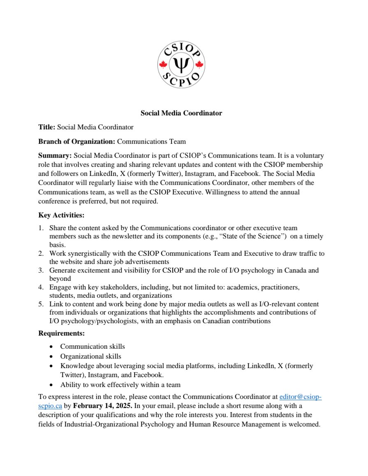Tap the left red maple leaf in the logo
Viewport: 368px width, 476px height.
coord(163,65)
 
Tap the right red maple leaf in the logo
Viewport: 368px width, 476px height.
coord(199,65)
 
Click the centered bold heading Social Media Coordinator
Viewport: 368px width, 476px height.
coord(181,113)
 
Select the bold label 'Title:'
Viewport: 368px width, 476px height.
coord(47,127)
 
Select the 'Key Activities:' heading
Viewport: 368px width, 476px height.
coord(61,215)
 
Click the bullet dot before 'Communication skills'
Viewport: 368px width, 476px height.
coord(51,347)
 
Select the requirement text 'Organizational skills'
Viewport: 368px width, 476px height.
coord(91,356)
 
